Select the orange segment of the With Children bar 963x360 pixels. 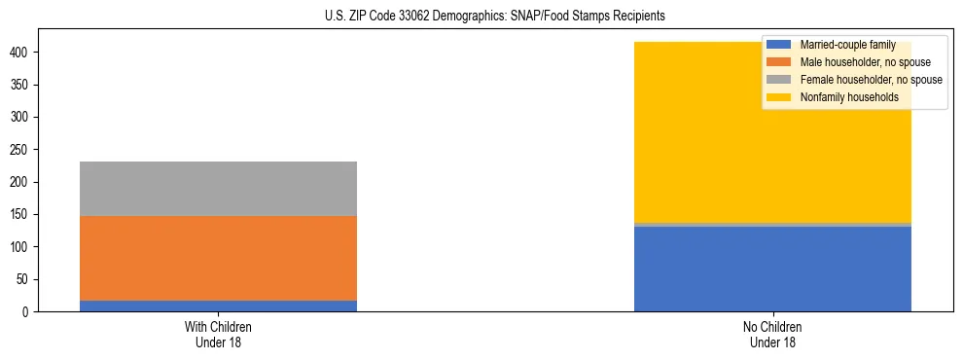coord(218,258)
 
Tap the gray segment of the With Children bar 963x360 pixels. coord(218,189)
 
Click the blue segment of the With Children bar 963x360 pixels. coord(218,306)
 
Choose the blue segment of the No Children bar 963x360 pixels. coord(772,269)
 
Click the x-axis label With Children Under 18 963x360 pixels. coord(218,334)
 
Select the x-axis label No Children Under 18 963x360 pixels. coord(772,334)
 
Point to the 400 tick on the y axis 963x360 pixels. coord(22,52)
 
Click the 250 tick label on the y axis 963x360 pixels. coord(22,150)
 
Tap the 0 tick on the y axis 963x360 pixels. coord(28,312)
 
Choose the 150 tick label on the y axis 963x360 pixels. coord(22,215)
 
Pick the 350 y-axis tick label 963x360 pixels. coord(22,85)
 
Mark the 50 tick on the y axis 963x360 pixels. coord(25,280)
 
